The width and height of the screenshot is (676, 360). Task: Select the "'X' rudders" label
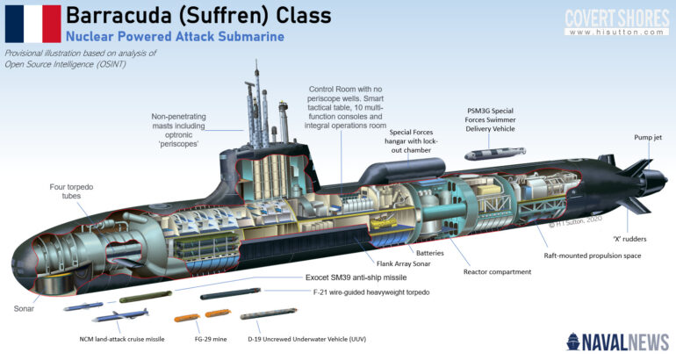pos(630,238)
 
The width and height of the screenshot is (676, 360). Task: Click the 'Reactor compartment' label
pos(497,271)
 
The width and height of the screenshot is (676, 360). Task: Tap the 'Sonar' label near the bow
pos(25,309)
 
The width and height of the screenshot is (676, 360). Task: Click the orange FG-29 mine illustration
pos(192,316)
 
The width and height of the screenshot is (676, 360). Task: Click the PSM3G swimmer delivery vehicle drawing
pos(490,155)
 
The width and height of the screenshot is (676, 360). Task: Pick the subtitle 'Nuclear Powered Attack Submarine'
pos(175,37)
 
